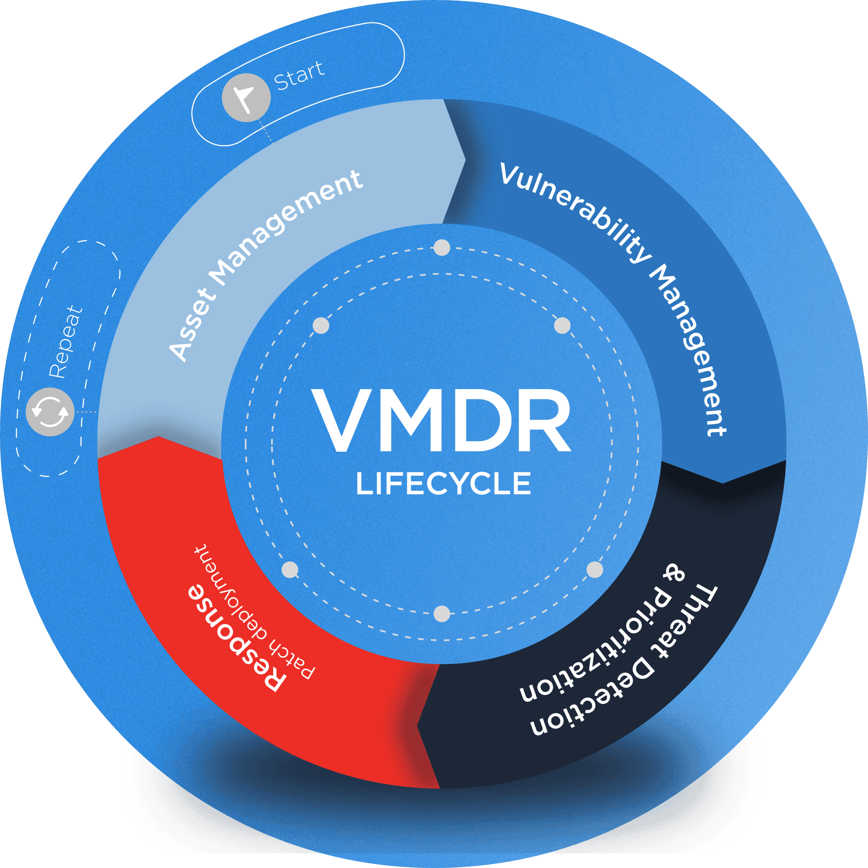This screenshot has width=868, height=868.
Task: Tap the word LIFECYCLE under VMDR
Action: pyautogui.click(x=444, y=484)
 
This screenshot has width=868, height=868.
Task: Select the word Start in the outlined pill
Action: pyautogui.click(x=299, y=76)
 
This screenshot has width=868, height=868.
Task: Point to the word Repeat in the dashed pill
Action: pyautogui.click(x=66, y=342)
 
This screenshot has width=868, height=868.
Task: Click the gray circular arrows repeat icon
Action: pyautogui.click(x=50, y=411)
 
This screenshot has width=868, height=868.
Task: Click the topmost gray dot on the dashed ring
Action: pyautogui.click(x=442, y=248)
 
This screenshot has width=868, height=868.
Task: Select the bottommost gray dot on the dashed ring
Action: pyautogui.click(x=442, y=614)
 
